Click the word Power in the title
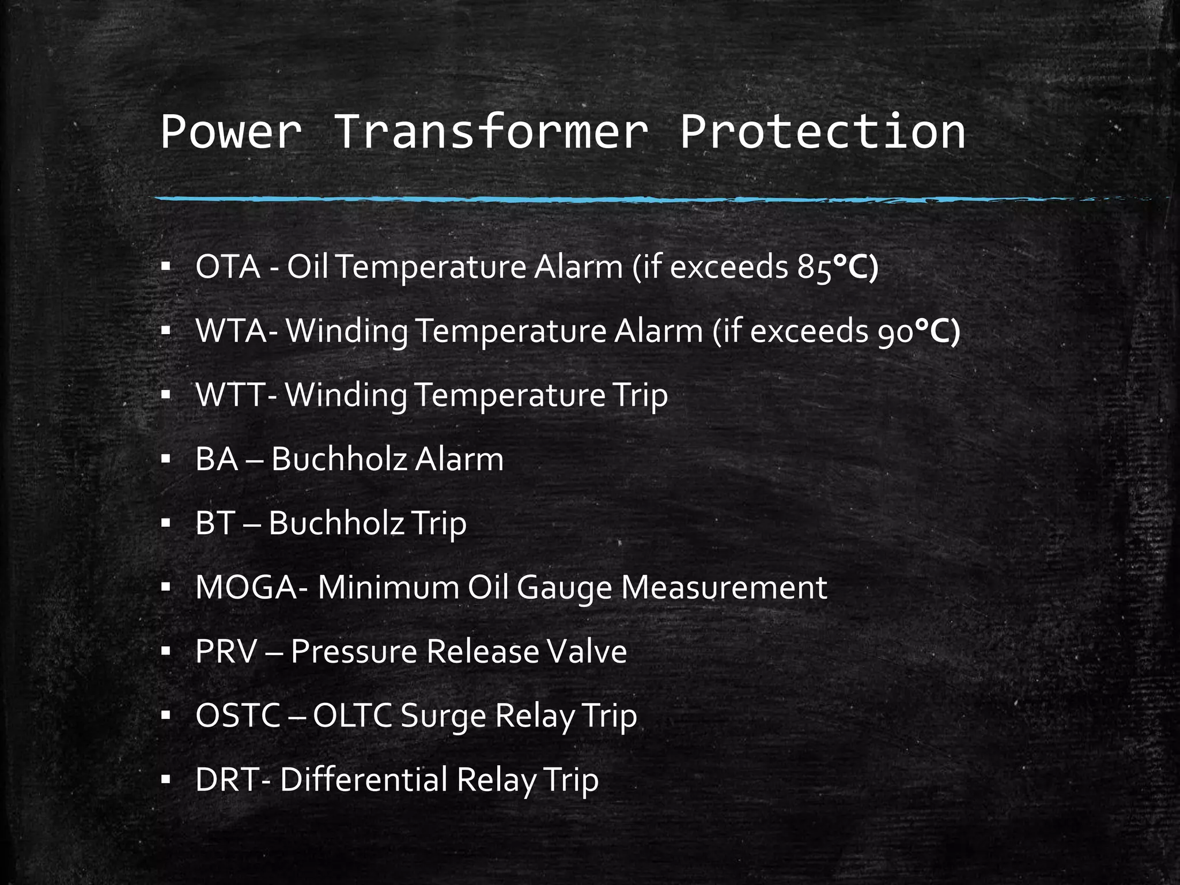coord(230,132)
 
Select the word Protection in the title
coord(822,132)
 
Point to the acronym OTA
coord(228,267)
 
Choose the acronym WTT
coord(230,395)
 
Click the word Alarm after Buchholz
coord(459,459)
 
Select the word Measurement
coord(724,588)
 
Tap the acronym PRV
coord(225,652)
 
